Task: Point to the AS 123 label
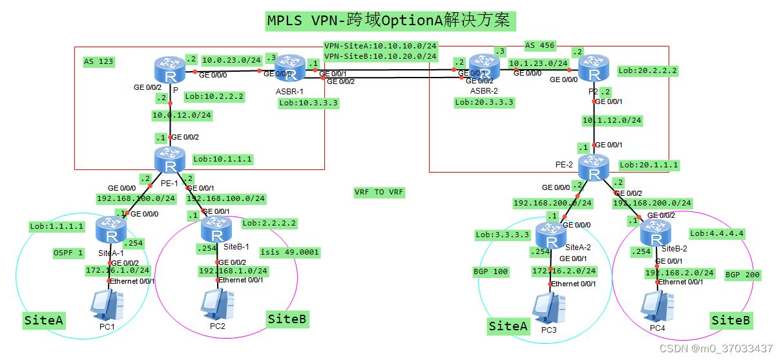tap(99, 62)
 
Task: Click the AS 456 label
tap(539, 46)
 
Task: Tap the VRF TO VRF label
tap(379, 192)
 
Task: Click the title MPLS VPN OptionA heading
tap(391, 21)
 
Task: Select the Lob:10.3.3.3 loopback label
tap(309, 103)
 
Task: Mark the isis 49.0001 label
tap(290, 252)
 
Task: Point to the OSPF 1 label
tap(68, 252)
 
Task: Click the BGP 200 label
tap(743, 275)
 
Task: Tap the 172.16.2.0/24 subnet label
tap(564, 271)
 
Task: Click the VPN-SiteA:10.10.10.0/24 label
tap(381, 46)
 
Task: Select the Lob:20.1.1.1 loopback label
tap(649, 165)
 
